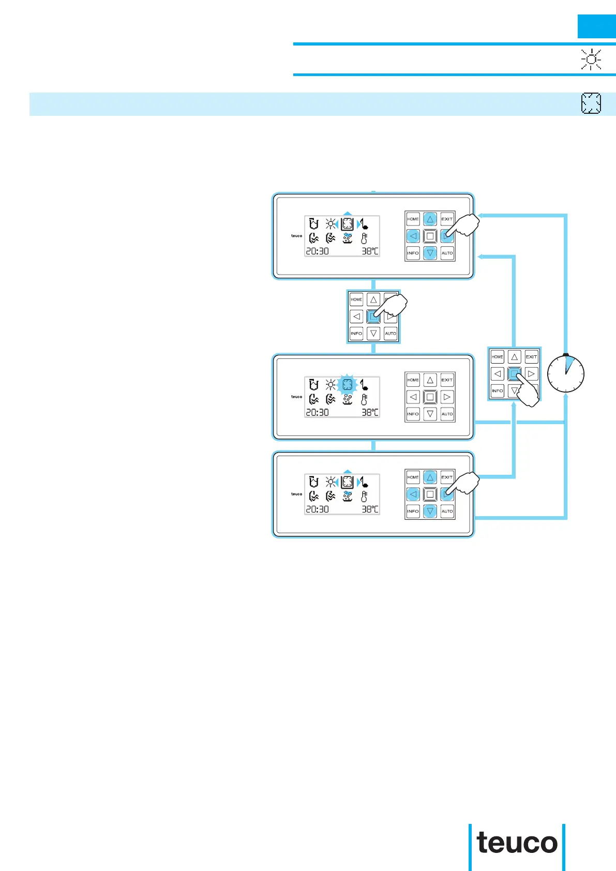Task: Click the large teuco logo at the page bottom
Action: (517, 844)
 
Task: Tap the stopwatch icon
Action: (566, 373)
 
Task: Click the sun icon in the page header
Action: (591, 59)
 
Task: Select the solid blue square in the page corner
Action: (596, 26)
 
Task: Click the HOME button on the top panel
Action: (413, 219)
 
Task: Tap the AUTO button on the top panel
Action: (447, 253)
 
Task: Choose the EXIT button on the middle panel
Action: (447, 380)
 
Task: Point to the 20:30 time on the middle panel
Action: (317, 412)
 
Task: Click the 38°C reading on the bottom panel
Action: (370, 509)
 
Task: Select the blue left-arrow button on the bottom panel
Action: (413, 494)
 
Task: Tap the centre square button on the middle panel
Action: (430, 397)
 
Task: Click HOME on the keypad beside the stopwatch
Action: (497, 356)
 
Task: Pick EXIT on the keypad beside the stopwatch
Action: (531, 356)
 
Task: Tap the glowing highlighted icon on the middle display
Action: (348, 384)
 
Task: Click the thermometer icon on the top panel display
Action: (364, 238)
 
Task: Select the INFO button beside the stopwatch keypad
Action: (497, 391)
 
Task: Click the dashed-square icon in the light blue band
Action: (591, 103)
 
